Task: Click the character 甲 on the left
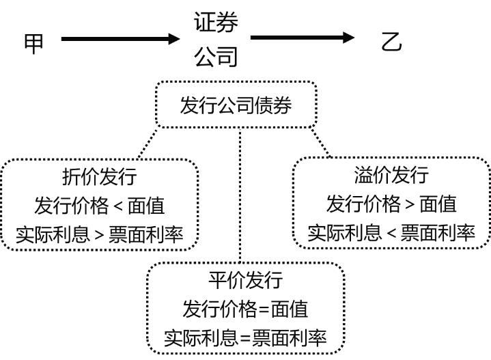pyautogui.click(x=34, y=42)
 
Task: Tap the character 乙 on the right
pyautogui.click(x=391, y=42)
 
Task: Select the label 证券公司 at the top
pyautogui.click(x=216, y=40)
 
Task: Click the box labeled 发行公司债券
pyautogui.click(x=236, y=105)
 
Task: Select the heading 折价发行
pyautogui.click(x=100, y=176)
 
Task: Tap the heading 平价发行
pyautogui.click(x=245, y=280)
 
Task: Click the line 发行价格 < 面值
pyautogui.click(x=100, y=205)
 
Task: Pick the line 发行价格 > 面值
pyautogui.click(x=391, y=204)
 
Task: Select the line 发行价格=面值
pyautogui.click(x=245, y=309)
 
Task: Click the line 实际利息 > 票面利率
pyautogui.click(x=100, y=234)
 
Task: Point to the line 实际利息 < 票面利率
pyautogui.click(x=391, y=232)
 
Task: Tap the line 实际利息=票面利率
pyautogui.click(x=245, y=337)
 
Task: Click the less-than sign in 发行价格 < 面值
pyautogui.click(x=117, y=206)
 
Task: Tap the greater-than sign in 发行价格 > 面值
pyautogui.click(x=409, y=204)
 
